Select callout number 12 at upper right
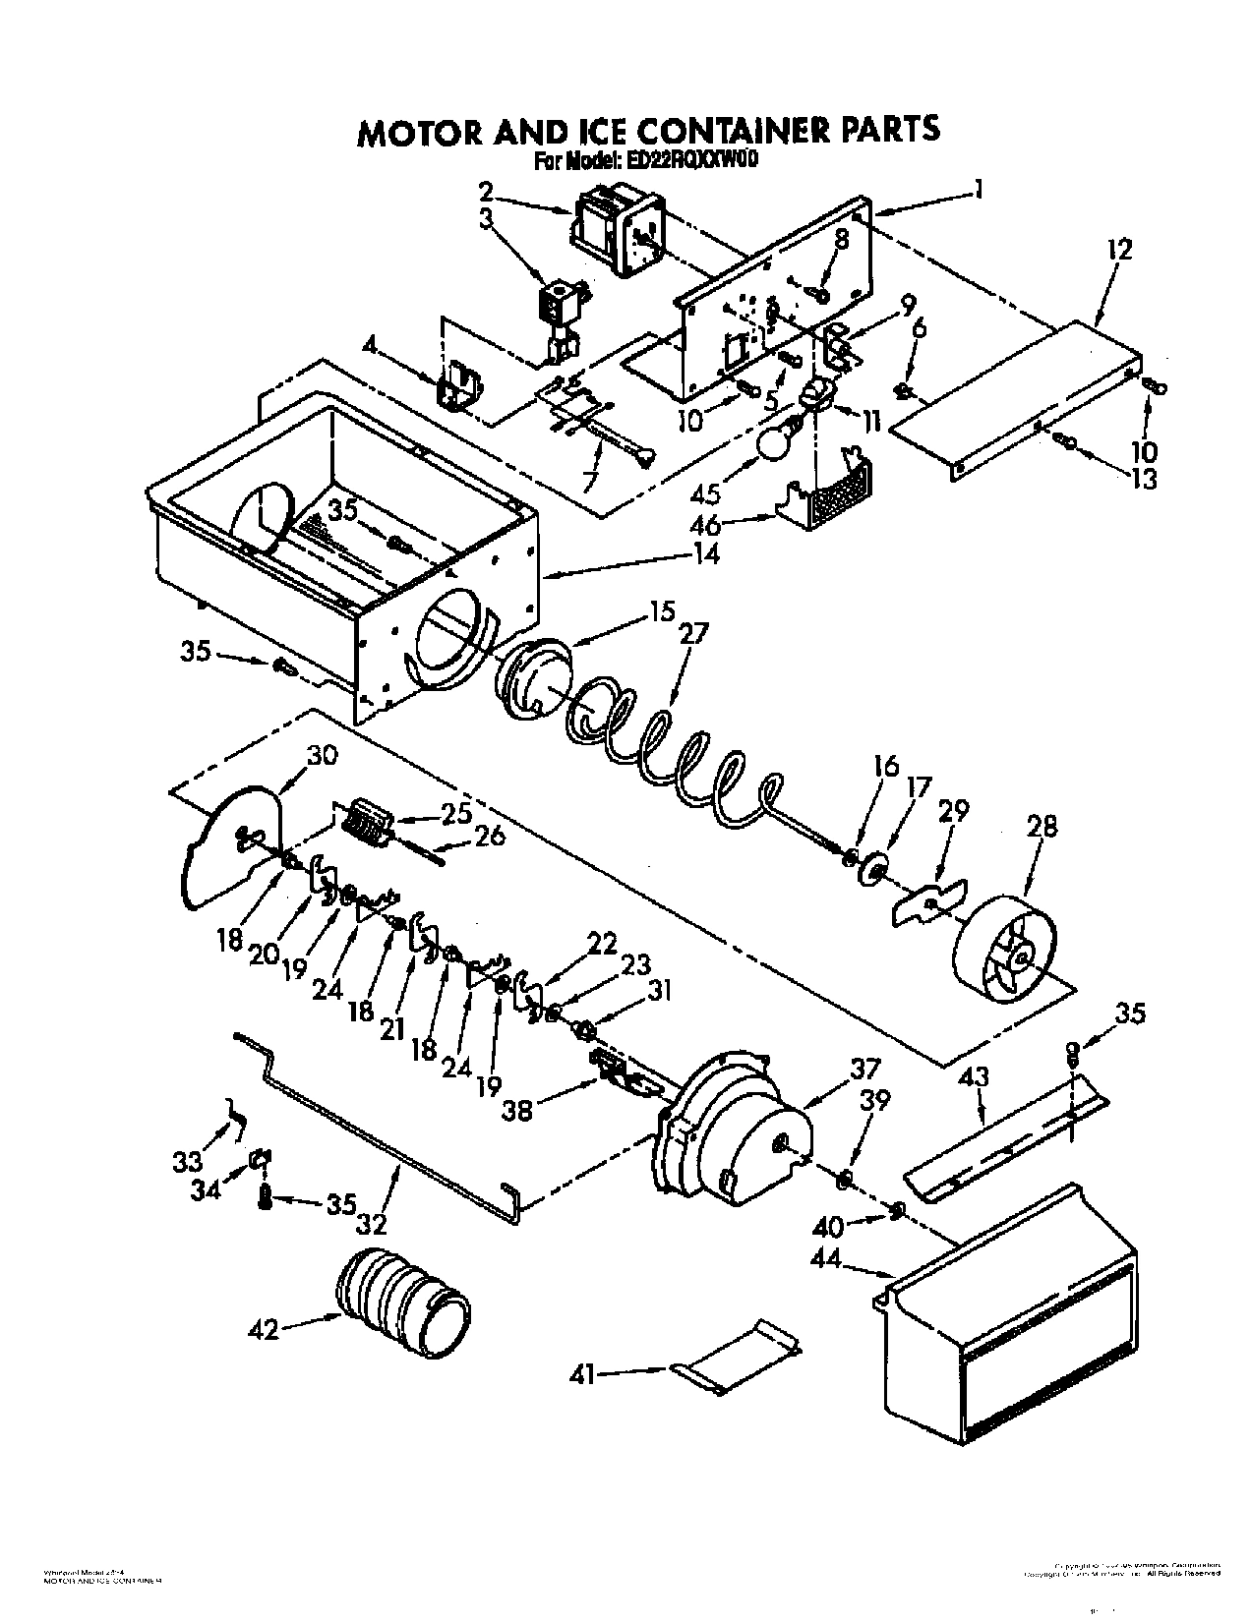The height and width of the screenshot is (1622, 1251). (x=1119, y=249)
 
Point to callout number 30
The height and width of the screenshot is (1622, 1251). (x=322, y=756)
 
